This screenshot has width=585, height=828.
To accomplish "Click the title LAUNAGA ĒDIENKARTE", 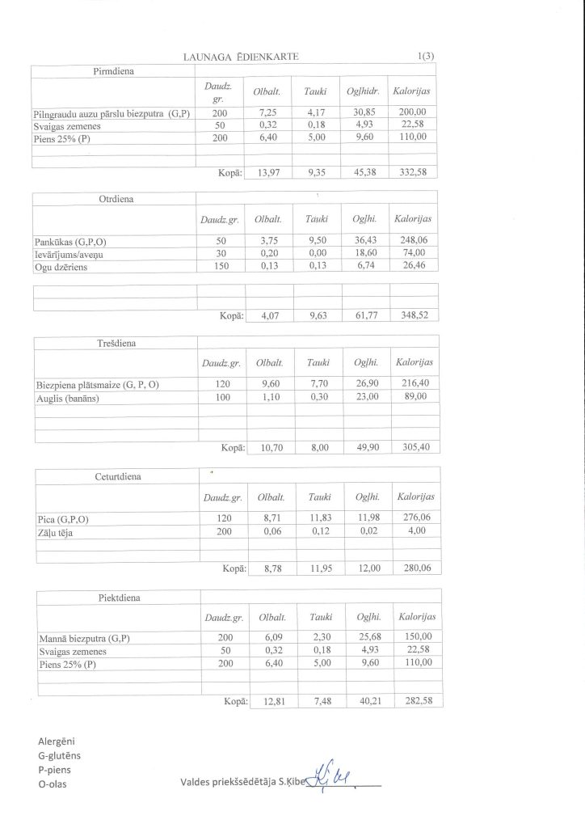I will click(242, 56).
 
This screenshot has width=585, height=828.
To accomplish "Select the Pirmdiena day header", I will click(114, 71).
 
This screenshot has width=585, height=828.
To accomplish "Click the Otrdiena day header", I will click(116, 199).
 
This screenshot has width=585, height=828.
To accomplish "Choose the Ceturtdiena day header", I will click(118, 476).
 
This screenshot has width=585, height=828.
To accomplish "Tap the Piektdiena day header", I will click(119, 598).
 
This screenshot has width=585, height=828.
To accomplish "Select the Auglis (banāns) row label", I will click(68, 398).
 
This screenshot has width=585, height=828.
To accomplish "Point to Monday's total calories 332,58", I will click(412, 173).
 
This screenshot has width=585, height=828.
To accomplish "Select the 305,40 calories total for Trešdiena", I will click(415, 447).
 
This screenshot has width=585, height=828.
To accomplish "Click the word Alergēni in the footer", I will click(57, 741).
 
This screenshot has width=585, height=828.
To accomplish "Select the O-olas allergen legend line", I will click(53, 784).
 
